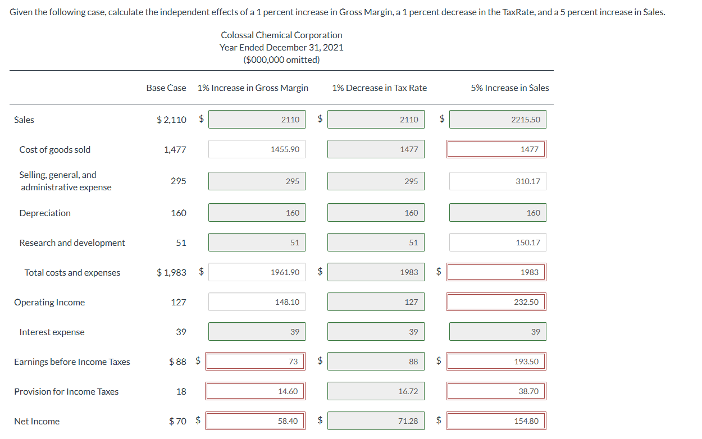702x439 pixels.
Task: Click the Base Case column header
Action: [x=166, y=88]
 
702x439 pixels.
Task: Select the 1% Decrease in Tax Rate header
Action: [x=379, y=88]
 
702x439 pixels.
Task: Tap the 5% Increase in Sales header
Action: [x=510, y=88]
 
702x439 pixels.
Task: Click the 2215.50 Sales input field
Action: [x=498, y=120]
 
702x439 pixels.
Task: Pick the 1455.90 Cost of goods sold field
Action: [x=257, y=149]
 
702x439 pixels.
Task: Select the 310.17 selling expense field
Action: [x=498, y=181]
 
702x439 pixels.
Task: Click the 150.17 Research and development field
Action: [x=498, y=243]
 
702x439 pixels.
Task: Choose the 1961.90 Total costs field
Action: [x=257, y=272]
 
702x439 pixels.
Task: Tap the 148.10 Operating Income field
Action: [x=257, y=302]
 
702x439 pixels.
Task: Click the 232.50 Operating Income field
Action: [x=496, y=302]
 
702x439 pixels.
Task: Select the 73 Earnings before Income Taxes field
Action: [x=256, y=362]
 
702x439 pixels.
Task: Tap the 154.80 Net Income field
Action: [x=496, y=421]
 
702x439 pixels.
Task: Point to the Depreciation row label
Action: [x=45, y=213]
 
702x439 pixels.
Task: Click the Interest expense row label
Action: [x=52, y=332]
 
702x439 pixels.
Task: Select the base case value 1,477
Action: [x=175, y=149]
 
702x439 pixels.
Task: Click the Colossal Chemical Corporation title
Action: [x=281, y=35]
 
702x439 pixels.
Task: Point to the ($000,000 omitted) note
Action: [x=281, y=60]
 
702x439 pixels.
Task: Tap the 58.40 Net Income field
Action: [x=256, y=421]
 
